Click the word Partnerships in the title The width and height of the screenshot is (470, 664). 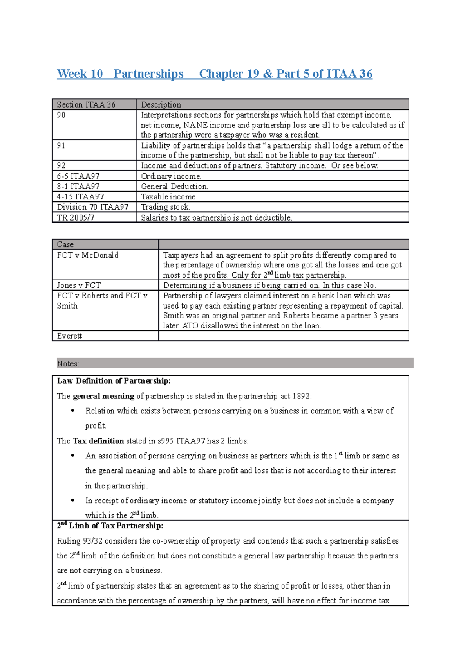click(148, 74)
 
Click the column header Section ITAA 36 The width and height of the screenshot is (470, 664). click(86, 104)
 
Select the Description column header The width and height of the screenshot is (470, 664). click(161, 104)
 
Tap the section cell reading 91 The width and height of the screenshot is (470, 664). click(61, 145)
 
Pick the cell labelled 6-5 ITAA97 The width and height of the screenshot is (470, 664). click(78, 176)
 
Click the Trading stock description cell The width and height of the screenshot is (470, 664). click(165, 207)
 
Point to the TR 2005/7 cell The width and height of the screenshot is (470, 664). click(76, 217)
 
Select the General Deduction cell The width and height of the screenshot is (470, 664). click(174, 187)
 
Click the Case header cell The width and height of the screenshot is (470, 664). click(65, 244)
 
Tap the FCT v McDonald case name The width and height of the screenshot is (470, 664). click(88, 255)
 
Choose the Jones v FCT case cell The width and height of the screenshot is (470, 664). click(79, 285)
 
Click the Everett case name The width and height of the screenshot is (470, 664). click(69, 336)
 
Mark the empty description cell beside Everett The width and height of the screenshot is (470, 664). click(283, 336)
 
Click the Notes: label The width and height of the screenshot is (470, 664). click(68, 364)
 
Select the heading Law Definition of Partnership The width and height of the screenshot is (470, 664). click(114, 381)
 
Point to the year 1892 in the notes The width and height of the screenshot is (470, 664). click(301, 396)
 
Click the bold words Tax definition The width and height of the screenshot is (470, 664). click(98, 441)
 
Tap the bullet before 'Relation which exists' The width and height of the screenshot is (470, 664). click(72, 411)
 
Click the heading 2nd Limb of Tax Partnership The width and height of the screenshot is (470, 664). click(110, 526)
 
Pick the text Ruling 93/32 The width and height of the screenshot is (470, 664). click(80, 541)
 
